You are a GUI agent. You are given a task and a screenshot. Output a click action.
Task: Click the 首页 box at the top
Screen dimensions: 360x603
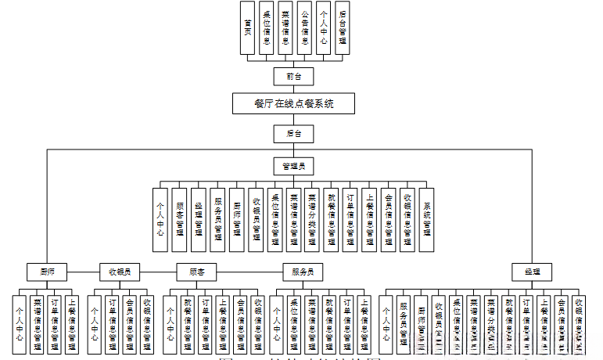[248, 28]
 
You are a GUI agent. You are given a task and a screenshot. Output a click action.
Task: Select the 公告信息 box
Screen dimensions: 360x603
[305, 28]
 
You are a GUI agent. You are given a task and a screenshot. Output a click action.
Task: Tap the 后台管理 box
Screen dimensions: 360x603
[343, 28]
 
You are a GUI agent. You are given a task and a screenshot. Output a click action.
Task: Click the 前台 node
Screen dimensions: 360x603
[294, 76]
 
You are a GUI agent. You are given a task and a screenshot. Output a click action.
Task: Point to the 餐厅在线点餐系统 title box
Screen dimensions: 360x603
[294, 103]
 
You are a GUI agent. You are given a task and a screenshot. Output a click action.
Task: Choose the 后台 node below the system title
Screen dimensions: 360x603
[294, 134]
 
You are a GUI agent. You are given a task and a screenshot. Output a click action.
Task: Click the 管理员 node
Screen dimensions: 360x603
[294, 165]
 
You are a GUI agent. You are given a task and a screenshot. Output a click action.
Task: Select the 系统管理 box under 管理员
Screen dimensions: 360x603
[427, 220]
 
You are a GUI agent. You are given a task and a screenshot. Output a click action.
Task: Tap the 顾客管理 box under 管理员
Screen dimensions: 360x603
[180, 220]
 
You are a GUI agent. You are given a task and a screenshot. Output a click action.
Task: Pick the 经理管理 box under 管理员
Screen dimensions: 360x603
[199, 220]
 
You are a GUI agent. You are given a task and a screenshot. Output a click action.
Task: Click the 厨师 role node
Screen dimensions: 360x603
[47, 272]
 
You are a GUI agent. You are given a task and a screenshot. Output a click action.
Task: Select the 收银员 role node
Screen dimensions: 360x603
[120, 272]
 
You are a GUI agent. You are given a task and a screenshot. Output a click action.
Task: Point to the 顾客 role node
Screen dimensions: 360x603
[197, 272]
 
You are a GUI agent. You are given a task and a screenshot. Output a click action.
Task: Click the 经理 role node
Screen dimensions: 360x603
[532, 272]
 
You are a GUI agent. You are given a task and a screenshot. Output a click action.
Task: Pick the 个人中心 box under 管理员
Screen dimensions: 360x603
[160, 220]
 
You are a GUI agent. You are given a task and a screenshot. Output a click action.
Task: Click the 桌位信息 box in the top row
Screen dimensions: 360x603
[267, 28]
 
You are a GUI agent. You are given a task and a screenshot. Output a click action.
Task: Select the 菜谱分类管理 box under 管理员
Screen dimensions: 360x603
[313, 220]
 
